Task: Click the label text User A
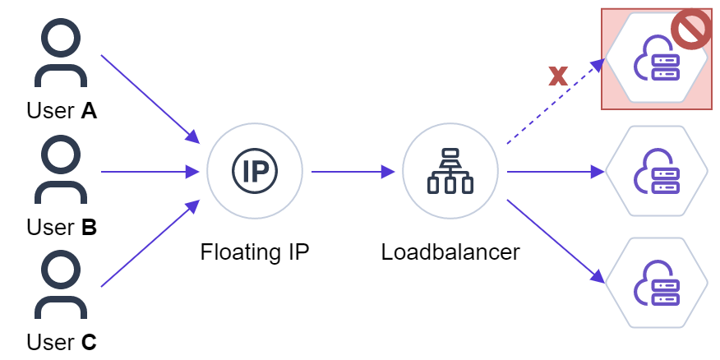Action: (62, 110)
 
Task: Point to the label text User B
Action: (62, 227)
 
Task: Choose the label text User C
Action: (62, 342)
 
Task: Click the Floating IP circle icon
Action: (255, 172)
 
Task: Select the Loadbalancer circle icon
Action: (450, 172)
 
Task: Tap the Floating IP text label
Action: (255, 252)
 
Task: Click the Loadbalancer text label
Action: (450, 252)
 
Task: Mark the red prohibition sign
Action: (690, 30)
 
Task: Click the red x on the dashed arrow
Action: (558, 76)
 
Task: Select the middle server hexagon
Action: (656, 172)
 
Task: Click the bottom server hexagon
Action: (656, 283)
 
